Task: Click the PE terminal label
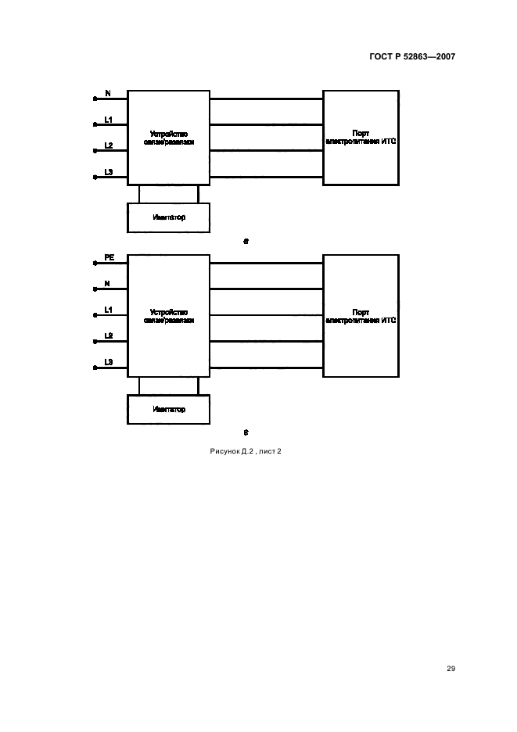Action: coord(109,257)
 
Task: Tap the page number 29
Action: coord(451,669)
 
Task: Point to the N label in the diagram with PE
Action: coord(107,283)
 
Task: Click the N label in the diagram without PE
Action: coord(107,94)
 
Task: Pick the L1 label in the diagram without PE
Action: coord(109,120)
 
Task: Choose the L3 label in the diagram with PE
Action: coord(109,362)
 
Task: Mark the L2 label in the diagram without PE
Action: coord(109,145)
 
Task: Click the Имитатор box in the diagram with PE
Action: coord(168,409)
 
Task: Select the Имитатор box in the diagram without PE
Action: coord(168,217)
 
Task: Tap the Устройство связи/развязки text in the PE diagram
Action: coord(168,315)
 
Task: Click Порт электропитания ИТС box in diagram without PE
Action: coord(361,138)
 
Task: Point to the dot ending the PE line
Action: coord(95,264)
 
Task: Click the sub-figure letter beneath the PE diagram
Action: coord(246,432)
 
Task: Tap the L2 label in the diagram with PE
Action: coord(109,335)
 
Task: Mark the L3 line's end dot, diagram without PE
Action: coord(95,178)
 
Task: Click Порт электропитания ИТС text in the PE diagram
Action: coord(361,315)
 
